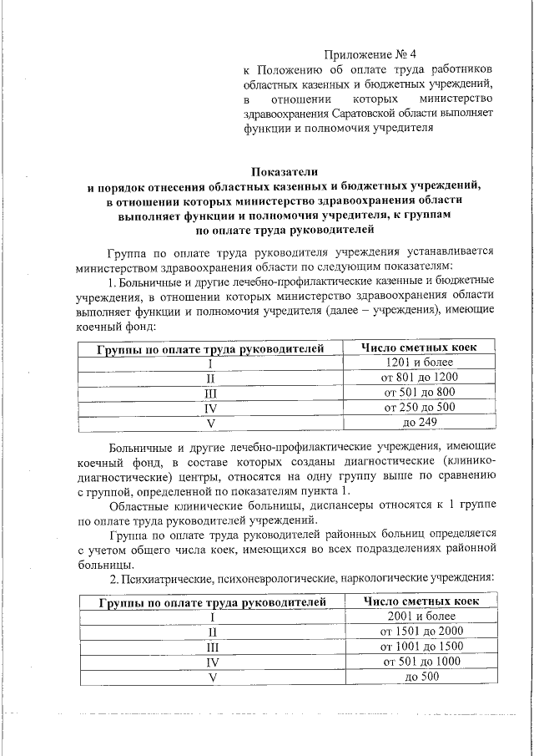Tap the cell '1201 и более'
[x=421, y=362]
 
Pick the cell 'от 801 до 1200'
[x=421, y=377]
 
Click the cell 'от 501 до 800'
[x=421, y=392]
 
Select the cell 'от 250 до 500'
[x=421, y=407]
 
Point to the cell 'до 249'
[x=421, y=422]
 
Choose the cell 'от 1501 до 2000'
[x=421, y=631]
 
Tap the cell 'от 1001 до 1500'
[x=421, y=646]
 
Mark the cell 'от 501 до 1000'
[x=421, y=661]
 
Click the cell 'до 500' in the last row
[x=421, y=676]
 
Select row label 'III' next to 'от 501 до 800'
[x=211, y=392]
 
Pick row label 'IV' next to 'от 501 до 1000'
[x=211, y=661]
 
